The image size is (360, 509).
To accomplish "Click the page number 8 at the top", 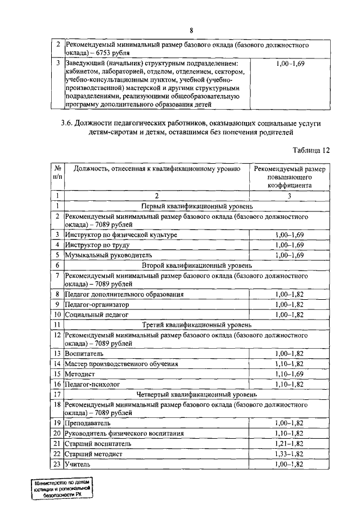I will point(191,30).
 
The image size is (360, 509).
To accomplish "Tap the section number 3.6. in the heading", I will point(69,123).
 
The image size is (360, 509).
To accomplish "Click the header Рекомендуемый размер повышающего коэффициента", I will point(290,176).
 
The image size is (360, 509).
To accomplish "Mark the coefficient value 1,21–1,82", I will point(290,443).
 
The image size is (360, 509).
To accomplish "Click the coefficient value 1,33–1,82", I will point(290,454).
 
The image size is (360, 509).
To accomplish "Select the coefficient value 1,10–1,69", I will point(290,373).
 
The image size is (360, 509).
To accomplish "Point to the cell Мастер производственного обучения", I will point(121,363).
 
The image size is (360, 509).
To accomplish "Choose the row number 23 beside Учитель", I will point(57,465).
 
